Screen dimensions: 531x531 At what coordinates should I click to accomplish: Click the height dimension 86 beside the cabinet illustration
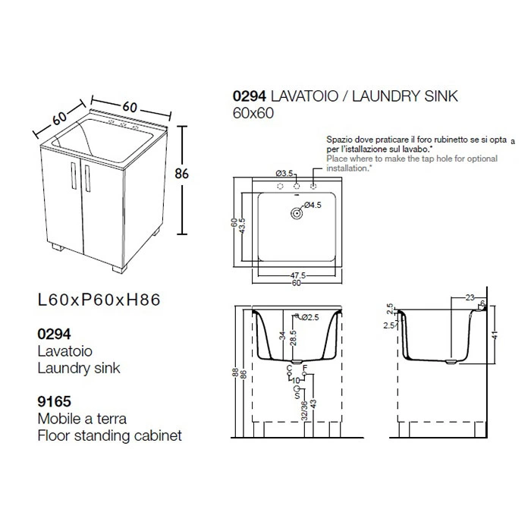click(x=181, y=174)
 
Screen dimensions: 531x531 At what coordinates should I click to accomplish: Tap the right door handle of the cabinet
click(x=88, y=178)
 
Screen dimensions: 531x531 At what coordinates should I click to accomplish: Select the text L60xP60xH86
click(x=99, y=300)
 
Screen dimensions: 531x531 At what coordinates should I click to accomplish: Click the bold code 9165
click(x=54, y=401)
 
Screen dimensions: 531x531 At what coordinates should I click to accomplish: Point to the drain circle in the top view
click(x=297, y=214)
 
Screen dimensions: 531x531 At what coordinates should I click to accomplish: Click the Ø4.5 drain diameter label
click(x=313, y=205)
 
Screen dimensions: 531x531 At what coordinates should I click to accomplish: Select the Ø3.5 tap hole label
click(x=284, y=174)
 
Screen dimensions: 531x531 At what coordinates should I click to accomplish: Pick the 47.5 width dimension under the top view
click(x=297, y=275)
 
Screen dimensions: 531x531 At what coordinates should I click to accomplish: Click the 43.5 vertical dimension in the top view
click(x=242, y=225)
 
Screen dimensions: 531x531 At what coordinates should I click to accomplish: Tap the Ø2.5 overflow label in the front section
click(x=309, y=317)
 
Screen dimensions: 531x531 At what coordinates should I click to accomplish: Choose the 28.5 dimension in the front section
click(x=294, y=338)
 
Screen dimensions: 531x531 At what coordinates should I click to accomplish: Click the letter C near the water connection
click(x=289, y=368)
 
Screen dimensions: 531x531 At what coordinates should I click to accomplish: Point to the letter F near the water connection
click(x=304, y=368)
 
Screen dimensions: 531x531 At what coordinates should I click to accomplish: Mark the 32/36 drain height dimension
click(x=304, y=410)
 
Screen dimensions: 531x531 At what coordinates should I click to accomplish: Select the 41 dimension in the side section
click(x=494, y=335)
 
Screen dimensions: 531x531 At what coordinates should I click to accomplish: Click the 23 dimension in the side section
click(x=470, y=297)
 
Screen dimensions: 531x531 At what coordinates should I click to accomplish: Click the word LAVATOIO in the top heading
click(x=304, y=96)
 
